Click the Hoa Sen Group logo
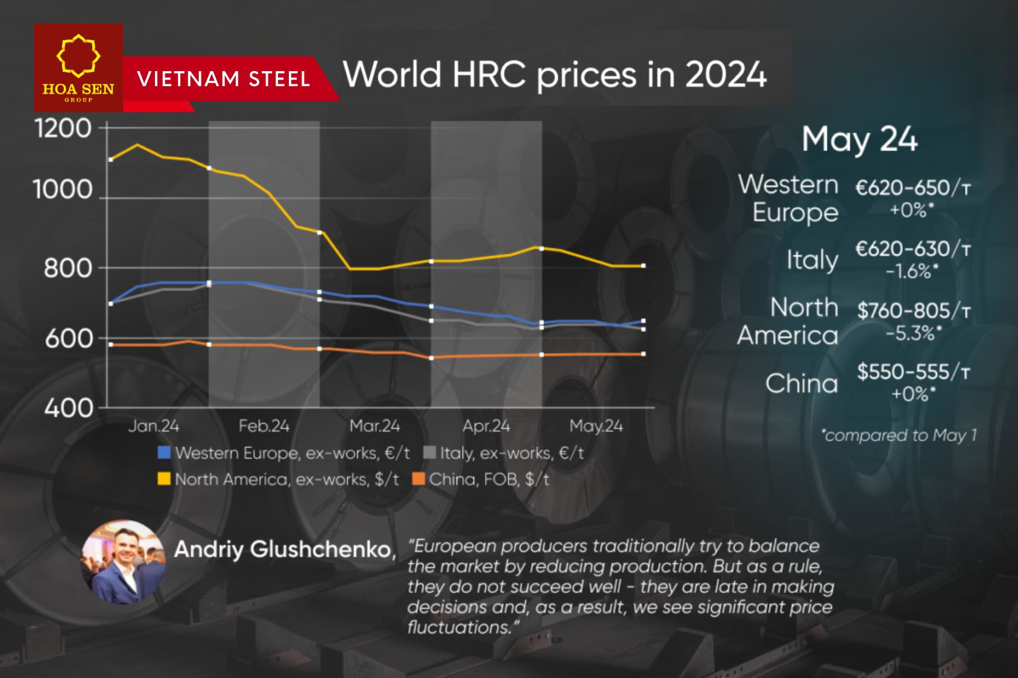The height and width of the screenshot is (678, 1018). pos(78,67)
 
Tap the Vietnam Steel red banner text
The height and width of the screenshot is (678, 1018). pos(223,79)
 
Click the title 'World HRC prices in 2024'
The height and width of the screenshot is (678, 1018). pos(554,75)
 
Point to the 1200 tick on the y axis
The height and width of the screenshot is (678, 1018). pos(63,128)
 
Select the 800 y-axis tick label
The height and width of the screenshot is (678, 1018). pos(68,268)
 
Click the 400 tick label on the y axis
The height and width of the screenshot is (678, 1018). pos(68,409)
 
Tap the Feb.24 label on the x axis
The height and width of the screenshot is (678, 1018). pos(264,426)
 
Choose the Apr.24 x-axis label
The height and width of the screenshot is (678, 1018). pos(486,426)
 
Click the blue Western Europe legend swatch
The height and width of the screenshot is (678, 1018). pos(164,453)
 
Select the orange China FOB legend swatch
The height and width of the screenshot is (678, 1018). pos(419,479)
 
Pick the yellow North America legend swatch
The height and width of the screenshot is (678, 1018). pos(164,479)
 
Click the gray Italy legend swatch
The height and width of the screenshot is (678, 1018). pos(429,453)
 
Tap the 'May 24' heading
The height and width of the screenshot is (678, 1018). pos(859,139)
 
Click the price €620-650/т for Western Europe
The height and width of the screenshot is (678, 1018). pos(912,188)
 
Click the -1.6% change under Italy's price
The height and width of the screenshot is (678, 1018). pos(912,272)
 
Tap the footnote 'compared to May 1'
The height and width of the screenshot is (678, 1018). pos(899,435)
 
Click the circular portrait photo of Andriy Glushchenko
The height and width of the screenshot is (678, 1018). pos(124,562)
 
